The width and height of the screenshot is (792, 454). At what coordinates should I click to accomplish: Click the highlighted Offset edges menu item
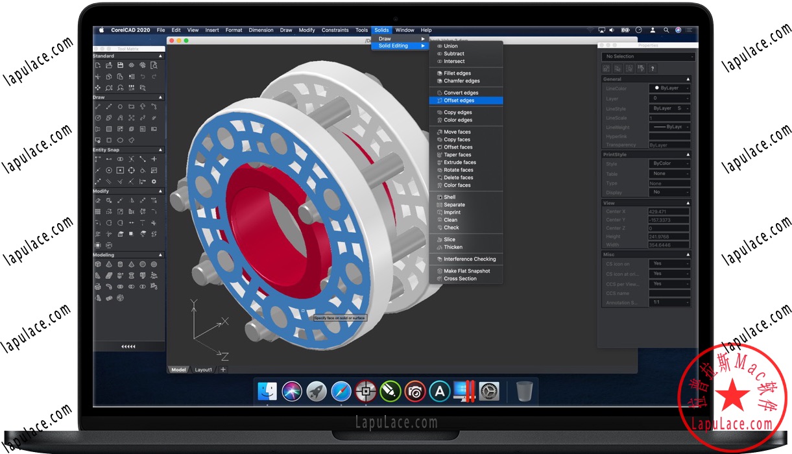pyautogui.click(x=459, y=101)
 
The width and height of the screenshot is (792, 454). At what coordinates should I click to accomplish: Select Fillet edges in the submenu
pyautogui.click(x=457, y=73)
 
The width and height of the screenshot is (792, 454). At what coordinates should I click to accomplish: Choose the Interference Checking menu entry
pyautogui.click(x=469, y=259)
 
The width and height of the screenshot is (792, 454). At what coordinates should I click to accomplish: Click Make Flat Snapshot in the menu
pyautogui.click(x=466, y=271)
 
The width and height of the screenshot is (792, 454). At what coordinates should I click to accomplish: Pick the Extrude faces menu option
pyautogui.click(x=459, y=162)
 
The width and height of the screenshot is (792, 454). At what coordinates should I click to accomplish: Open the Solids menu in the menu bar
pyautogui.click(x=381, y=30)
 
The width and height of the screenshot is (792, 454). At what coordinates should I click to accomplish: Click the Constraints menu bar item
pyautogui.click(x=335, y=30)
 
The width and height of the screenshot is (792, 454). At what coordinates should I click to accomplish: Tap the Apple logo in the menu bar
pyautogui.click(x=102, y=30)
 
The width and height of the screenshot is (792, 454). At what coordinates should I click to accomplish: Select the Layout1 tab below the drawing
pyautogui.click(x=204, y=370)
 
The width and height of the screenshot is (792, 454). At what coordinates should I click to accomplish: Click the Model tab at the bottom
pyautogui.click(x=178, y=370)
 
